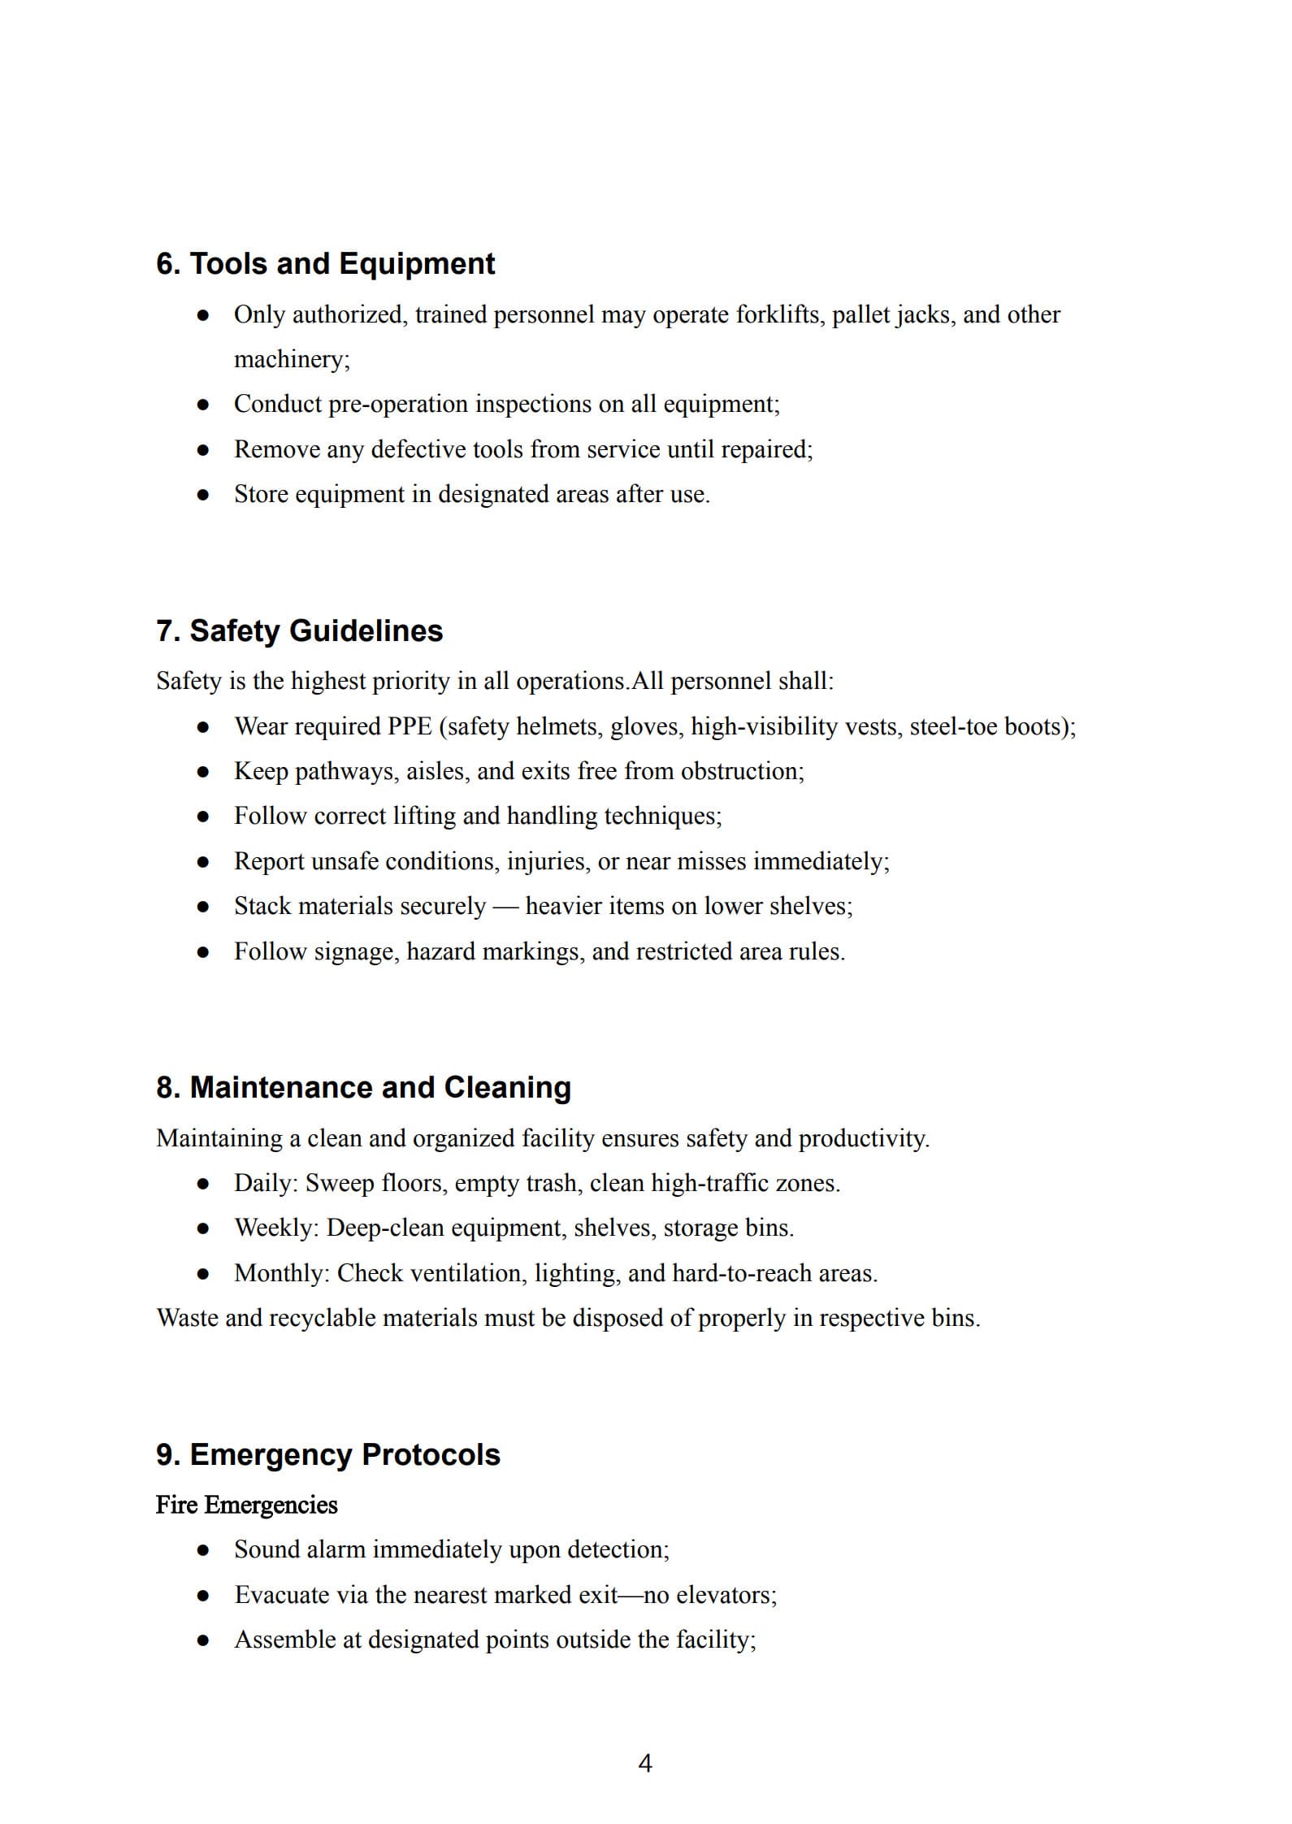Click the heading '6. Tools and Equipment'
tap(325, 264)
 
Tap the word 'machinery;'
tap(292, 359)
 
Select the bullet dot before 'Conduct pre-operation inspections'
tap(203, 405)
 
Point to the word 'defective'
tap(417, 449)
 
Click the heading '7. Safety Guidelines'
tap(299, 630)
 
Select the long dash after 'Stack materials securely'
tap(505, 907)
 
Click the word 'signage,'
tap(357, 951)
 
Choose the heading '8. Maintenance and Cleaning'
tap(363, 1087)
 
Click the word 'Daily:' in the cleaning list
tap(266, 1183)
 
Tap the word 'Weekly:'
tap(277, 1228)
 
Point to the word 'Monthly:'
tap(282, 1273)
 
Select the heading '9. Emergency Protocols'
tap(327, 1454)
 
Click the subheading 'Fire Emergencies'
tap(246, 1505)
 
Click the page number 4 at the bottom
tap(645, 1763)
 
